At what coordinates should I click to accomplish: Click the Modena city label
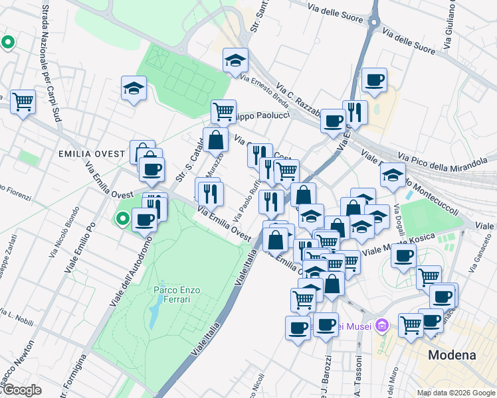(452, 355)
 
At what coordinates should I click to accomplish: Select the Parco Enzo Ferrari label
(172, 295)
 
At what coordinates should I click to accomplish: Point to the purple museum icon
(381, 326)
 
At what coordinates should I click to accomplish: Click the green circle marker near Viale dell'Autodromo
(122, 218)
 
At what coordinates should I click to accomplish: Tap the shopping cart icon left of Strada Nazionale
(23, 101)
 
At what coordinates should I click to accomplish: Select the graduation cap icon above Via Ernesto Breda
(235, 60)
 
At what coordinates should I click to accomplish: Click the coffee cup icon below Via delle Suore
(375, 80)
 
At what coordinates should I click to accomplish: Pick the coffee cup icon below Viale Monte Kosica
(403, 256)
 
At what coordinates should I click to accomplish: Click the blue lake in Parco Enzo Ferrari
(154, 314)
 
